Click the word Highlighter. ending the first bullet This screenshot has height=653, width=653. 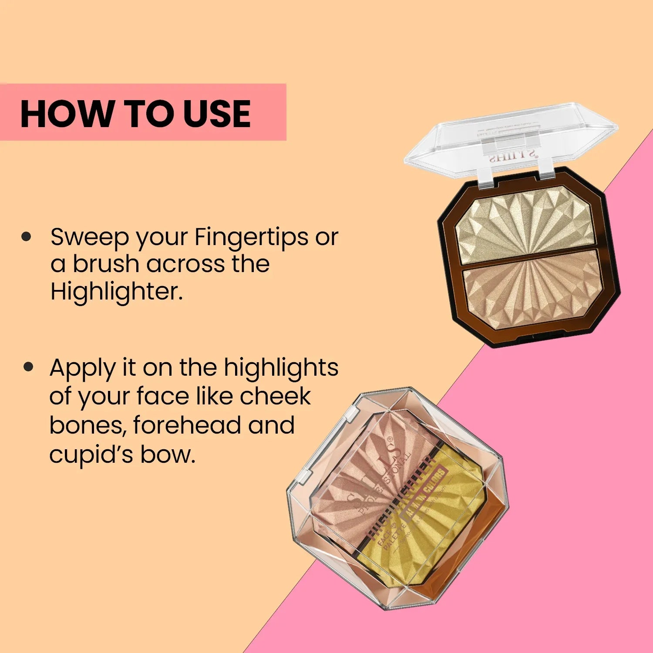coord(116,292)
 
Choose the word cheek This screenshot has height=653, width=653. coord(275,396)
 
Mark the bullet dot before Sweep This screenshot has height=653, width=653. coord(27,237)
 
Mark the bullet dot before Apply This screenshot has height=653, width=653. coord(29,367)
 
